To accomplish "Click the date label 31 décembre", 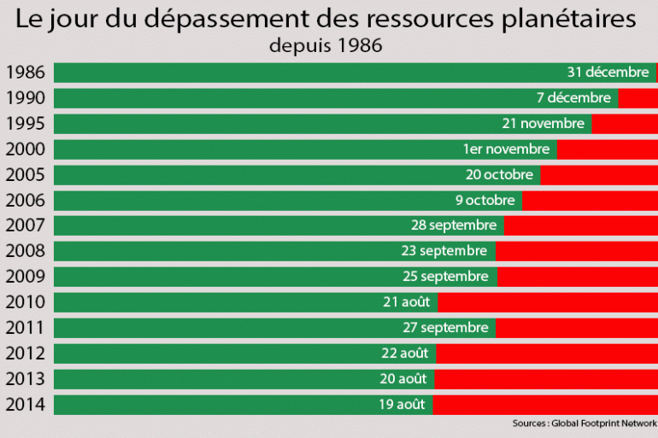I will point(608,73).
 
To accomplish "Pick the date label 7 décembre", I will point(573,98).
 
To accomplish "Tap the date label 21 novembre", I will point(543,124).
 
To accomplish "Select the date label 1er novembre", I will point(506,149).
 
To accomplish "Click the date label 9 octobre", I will point(485,201).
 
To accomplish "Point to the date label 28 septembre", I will point(453,225).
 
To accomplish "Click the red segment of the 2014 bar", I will point(545,405).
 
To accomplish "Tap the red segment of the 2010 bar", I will point(548,302).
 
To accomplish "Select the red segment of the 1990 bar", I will point(637,98).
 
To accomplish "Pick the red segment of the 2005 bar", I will point(598,175).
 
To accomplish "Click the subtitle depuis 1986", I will point(325,46).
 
